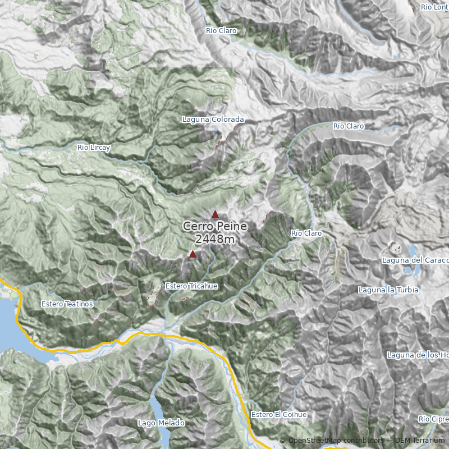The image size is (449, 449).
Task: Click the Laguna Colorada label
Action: point(213,120)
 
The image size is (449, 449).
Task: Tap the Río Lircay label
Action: point(94,148)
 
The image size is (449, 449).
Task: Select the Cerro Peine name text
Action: point(215,227)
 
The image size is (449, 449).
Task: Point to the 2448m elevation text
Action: point(215,240)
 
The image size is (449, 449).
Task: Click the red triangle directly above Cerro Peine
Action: point(215,214)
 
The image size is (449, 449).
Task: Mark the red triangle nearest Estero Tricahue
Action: point(193,254)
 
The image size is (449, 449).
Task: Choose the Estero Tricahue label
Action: point(191,286)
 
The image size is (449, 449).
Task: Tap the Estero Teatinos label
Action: point(67,304)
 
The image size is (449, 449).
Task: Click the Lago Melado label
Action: point(161,423)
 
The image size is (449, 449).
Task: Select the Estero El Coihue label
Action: point(279,414)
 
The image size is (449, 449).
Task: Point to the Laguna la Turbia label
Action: point(388,290)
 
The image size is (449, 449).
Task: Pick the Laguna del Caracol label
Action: point(415,260)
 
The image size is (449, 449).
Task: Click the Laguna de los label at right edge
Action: point(418,355)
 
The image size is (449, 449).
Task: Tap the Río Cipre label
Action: point(433,419)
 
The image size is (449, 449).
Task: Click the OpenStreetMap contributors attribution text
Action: point(335,441)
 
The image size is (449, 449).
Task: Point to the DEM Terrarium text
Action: point(419,441)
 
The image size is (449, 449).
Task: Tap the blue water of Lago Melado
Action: point(159,413)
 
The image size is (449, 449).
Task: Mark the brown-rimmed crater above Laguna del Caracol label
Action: point(395,246)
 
